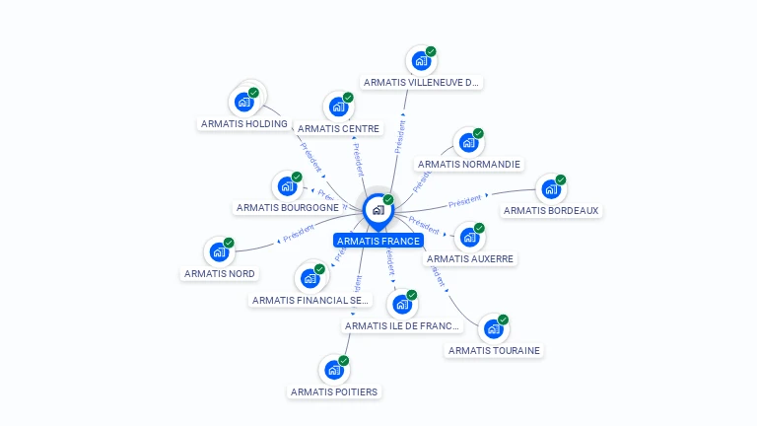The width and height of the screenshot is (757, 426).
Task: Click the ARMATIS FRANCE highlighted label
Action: pos(378,241)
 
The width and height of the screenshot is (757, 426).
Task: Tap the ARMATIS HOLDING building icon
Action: pos(244,102)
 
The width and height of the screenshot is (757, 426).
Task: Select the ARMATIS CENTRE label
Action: pos(338,128)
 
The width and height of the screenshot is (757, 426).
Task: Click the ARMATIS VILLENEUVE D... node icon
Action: pos(422,61)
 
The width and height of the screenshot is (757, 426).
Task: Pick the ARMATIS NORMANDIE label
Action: pos(469,164)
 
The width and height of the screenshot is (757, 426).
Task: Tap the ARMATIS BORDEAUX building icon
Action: pos(551,188)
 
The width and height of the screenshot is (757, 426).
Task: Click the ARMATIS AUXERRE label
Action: pos(470,258)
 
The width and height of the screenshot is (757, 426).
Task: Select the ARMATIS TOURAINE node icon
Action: pos(493,328)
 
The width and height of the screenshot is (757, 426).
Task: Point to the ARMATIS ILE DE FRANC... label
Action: pos(402,325)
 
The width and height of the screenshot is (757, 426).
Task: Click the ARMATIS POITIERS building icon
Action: pos(334,371)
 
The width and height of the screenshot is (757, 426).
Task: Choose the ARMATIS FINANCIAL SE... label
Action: pos(310,300)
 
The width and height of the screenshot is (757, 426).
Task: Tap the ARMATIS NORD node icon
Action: pos(219,251)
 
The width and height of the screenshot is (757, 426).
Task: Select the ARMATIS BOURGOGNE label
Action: pos(287,207)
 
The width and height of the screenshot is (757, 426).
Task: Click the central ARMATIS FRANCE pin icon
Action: pos(378,210)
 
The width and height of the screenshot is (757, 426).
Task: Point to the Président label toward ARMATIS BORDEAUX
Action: pos(464,200)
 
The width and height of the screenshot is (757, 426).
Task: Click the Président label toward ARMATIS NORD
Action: pos(297,237)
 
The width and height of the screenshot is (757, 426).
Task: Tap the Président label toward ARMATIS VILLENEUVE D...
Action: pos(400,136)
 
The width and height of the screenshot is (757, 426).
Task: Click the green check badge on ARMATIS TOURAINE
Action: pos(503,319)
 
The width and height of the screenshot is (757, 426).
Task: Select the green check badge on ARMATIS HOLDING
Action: pos(254,93)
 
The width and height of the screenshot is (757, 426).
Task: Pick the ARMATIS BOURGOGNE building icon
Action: pos(288,185)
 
